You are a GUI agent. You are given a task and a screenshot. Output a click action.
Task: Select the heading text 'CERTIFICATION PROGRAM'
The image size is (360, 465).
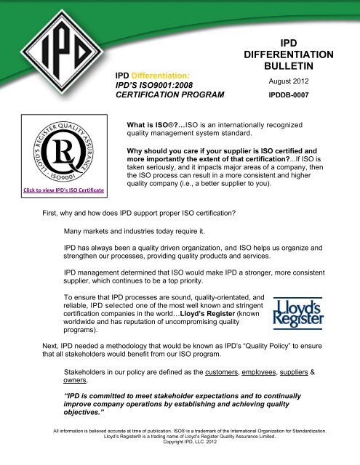tap(175, 95)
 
